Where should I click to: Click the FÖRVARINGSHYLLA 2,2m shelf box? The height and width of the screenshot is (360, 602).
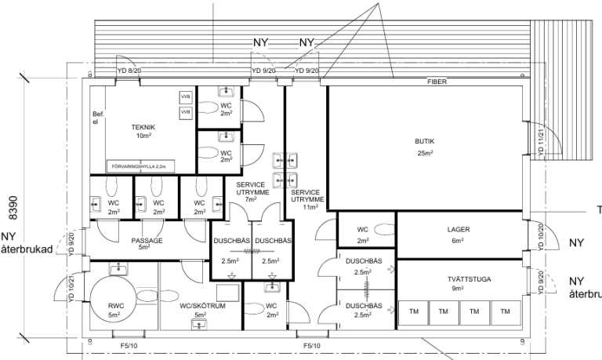tap(140, 166)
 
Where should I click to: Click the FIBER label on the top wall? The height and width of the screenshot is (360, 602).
tap(437, 82)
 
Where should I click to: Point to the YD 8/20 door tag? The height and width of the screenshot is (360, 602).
tap(129, 71)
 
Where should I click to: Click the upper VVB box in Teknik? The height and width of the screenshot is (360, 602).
tap(186, 96)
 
